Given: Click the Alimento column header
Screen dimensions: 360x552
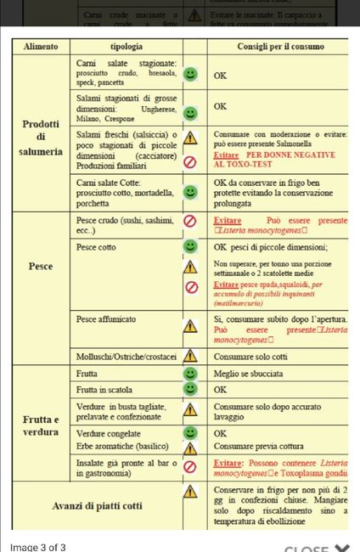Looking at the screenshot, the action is [41, 46].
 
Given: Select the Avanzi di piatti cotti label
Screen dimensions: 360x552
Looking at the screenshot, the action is [97, 506].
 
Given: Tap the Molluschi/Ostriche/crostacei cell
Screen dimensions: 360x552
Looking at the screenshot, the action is [126, 357].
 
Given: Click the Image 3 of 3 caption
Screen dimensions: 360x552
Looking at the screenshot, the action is [37, 546].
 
